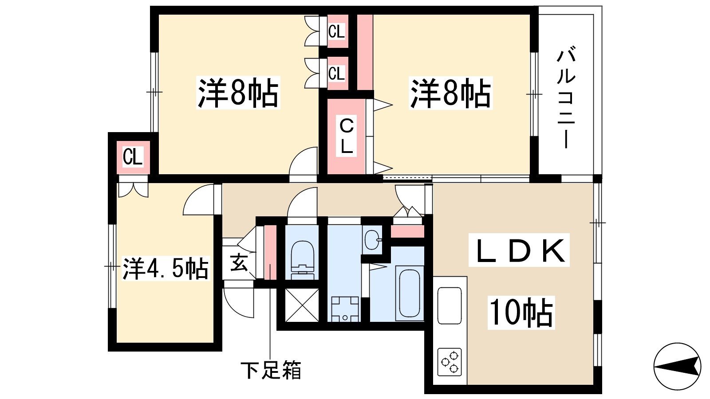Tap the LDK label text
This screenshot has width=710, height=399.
[519, 250]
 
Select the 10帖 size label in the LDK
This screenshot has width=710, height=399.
[521, 313]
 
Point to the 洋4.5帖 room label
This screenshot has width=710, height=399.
[165, 268]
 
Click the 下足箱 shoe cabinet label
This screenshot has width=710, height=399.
[271, 370]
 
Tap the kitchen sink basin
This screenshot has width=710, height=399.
[450, 305]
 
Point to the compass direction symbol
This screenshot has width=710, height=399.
[677, 367]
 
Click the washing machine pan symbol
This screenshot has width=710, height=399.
[345, 309]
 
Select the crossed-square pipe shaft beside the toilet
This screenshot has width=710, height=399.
[302, 305]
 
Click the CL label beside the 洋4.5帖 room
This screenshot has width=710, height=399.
[133, 157]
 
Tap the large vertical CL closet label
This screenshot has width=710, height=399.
[347, 136]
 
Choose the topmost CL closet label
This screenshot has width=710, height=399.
[336, 32]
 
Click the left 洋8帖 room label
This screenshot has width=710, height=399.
[238, 93]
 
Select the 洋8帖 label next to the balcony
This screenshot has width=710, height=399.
[450, 93]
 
